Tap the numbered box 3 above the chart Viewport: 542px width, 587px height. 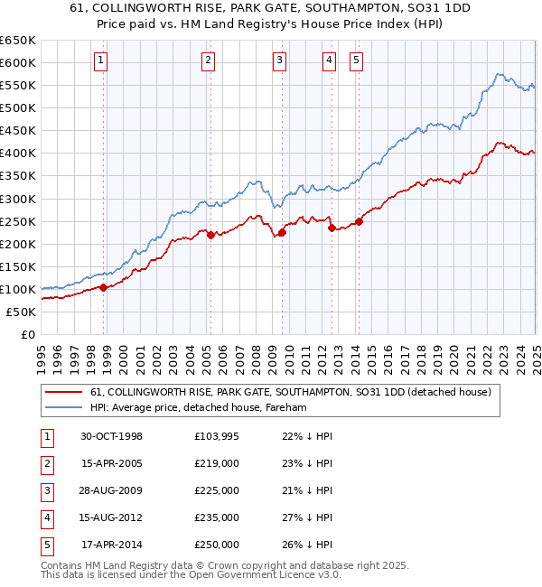[x=280, y=61]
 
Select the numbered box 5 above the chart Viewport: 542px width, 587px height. [x=357, y=61]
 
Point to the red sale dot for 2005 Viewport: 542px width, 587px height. [x=210, y=235]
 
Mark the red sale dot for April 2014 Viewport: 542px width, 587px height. [x=360, y=220]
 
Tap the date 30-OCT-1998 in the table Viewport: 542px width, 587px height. [x=111, y=436]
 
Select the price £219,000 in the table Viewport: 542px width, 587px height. [x=216, y=463]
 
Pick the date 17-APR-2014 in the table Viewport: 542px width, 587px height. [x=111, y=545]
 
